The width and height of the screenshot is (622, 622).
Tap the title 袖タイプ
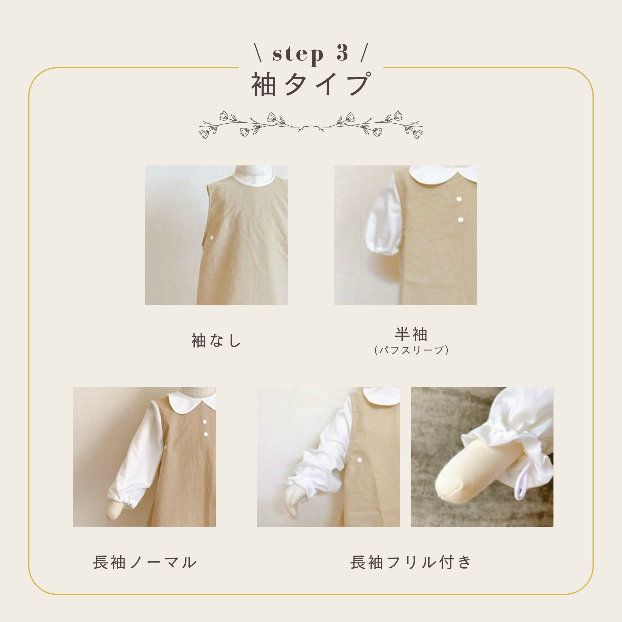(311, 84)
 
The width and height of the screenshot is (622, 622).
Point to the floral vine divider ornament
(311, 125)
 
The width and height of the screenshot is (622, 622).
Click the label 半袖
(411, 334)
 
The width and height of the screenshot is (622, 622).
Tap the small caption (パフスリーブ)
(412, 350)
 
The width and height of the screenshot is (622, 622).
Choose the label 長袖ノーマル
(145, 562)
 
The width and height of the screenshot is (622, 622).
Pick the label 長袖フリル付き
(411, 562)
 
